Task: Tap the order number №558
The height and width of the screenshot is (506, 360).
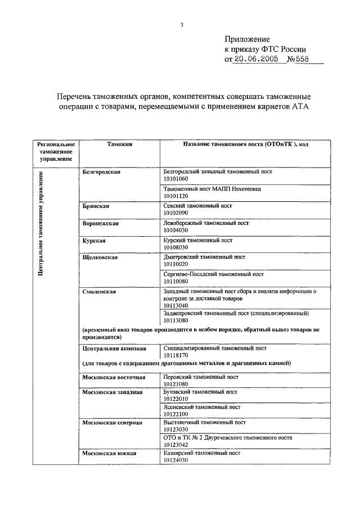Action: pyautogui.click(x=299, y=59)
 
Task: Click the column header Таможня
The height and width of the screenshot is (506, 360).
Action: pyautogui.click(x=119, y=144)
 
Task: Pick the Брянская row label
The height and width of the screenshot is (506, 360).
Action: pyautogui.click(x=94, y=206)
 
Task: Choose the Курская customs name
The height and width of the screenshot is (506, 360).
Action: pyautogui.click(x=93, y=240)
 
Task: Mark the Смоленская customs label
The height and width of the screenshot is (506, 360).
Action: pyautogui.click(x=99, y=291)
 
